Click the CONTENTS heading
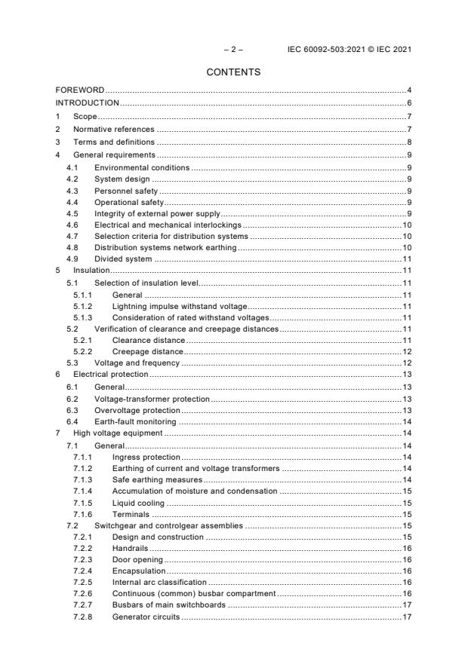[x=233, y=72]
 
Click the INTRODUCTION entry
[x=88, y=103]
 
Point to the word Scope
[x=85, y=116]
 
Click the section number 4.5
[x=72, y=213]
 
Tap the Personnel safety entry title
[x=126, y=191]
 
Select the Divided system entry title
[x=122, y=259]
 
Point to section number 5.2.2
[x=82, y=351]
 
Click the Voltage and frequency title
[x=137, y=363]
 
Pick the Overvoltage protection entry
[x=137, y=409]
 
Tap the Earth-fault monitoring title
[x=134, y=421]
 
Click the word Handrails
[x=130, y=548]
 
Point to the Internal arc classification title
[x=159, y=582]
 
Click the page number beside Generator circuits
[x=405, y=617]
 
